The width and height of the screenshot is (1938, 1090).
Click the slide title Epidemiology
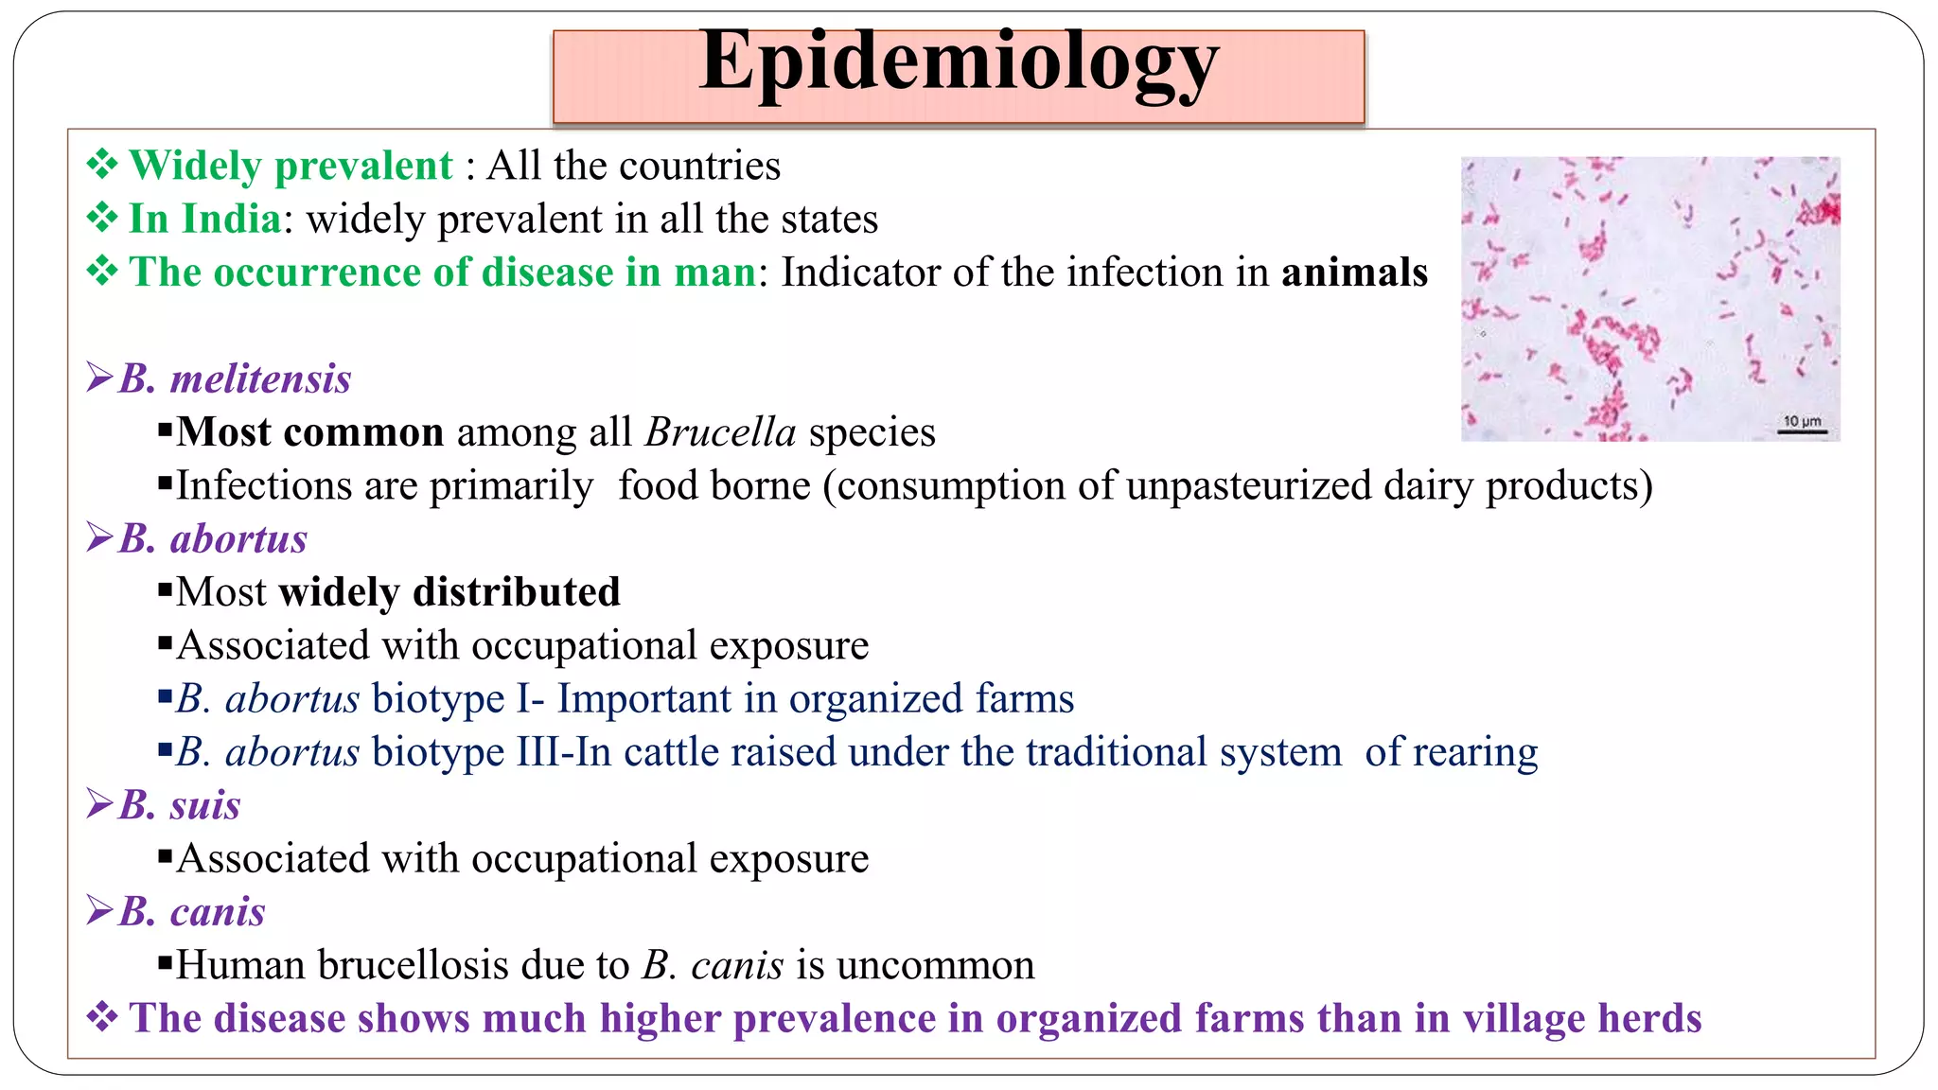[x=959, y=62]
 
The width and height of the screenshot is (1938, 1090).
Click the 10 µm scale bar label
[x=1802, y=421]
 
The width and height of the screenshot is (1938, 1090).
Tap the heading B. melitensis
[x=235, y=379]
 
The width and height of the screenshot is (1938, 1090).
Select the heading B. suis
[x=179, y=806]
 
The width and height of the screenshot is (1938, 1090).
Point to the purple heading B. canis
[x=191, y=912]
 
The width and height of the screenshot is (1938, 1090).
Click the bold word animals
[x=1354, y=272]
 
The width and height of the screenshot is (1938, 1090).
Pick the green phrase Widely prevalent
[x=291, y=167]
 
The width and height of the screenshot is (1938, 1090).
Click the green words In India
[x=204, y=220]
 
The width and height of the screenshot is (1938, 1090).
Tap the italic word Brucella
[x=720, y=433]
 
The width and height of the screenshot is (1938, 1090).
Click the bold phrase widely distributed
[x=449, y=593]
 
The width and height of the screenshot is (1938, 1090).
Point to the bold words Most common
[x=309, y=433]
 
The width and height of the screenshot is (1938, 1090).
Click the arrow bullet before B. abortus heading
[x=99, y=538]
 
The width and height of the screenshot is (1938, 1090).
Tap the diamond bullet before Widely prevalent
[x=101, y=166]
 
